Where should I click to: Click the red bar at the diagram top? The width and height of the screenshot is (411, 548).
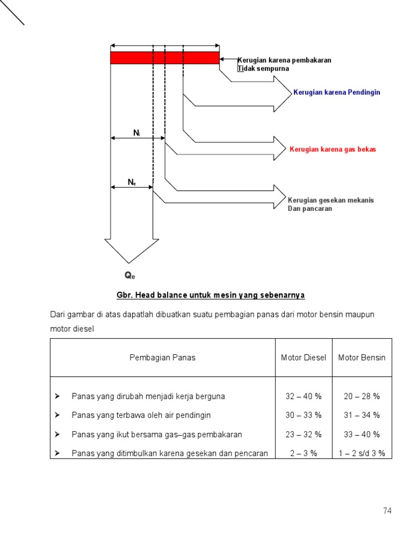pyautogui.click(x=165, y=58)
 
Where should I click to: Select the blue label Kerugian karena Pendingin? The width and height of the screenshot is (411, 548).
pyautogui.click(x=337, y=93)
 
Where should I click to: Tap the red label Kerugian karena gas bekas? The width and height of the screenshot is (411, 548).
pyautogui.click(x=332, y=149)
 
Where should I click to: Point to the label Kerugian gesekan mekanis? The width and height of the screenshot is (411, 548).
pyautogui.click(x=331, y=200)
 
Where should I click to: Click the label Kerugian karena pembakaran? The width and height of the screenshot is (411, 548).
pyautogui.click(x=284, y=60)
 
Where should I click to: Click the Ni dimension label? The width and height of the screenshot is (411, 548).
pyautogui.click(x=136, y=132)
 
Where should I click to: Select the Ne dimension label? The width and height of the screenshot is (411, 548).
pyautogui.click(x=132, y=182)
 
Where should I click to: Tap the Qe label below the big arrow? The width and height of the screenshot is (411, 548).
pyautogui.click(x=130, y=276)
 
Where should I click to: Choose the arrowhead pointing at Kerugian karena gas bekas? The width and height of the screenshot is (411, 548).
pyautogui.click(x=279, y=148)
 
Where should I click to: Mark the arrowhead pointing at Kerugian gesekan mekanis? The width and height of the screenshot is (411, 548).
pyautogui.click(x=279, y=196)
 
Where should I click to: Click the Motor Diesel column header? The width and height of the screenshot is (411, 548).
pyautogui.click(x=303, y=357)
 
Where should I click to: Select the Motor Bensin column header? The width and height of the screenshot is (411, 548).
pyautogui.click(x=362, y=357)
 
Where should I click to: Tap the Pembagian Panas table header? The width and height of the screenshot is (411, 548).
pyautogui.click(x=163, y=357)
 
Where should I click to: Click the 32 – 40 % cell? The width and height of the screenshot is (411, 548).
pyautogui.click(x=303, y=397)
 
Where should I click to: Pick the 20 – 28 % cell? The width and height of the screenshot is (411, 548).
pyautogui.click(x=362, y=397)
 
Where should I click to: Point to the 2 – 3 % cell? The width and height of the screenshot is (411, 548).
pyautogui.click(x=303, y=453)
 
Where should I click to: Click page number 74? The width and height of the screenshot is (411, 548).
pyautogui.click(x=387, y=511)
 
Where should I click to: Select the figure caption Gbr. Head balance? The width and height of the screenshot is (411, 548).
pyautogui.click(x=211, y=295)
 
